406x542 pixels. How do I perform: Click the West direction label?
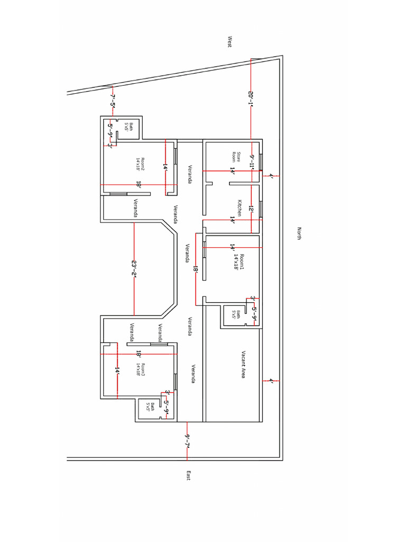(230, 42)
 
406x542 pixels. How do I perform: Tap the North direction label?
(299, 234)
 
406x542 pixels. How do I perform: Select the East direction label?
(188, 475)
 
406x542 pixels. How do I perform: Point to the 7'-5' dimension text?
(112, 101)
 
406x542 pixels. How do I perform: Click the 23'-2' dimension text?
(134, 268)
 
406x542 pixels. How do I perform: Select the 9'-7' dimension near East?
(187, 440)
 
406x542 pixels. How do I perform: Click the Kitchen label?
(239, 207)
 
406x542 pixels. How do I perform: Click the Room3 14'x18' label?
(141, 369)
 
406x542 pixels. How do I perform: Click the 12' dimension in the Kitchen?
(252, 211)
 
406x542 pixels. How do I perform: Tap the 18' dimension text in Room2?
(138, 185)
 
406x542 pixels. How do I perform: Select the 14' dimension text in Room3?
(117, 372)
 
